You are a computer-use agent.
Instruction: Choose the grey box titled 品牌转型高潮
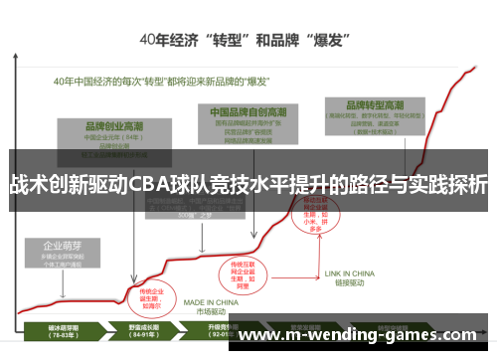(x=377, y=118)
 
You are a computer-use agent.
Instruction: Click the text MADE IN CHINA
(x=208, y=303)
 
